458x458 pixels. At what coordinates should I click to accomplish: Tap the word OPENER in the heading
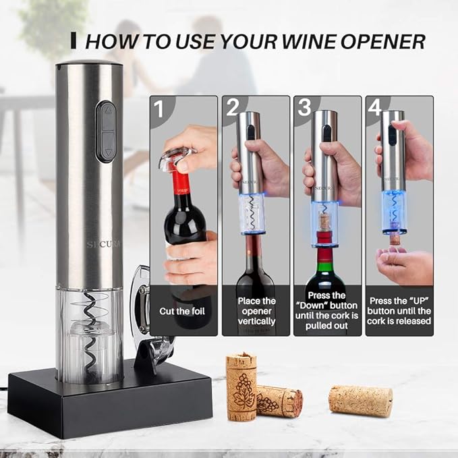pyautogui.click(x=382, y=41)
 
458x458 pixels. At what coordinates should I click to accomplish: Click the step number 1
pyautogui.click(x=159, y=109)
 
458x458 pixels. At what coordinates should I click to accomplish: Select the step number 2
pyautogui.click(x=233, y=108)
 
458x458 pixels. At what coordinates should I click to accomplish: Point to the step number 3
pyautogui.click(x=305, y=108)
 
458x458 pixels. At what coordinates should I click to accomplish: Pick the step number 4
pyautogui.click(x=375, y=108)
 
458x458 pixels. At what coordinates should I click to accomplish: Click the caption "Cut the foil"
pyautogui.click(x=182, y=312)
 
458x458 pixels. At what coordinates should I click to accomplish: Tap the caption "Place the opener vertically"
pyautogui.click(x=257, y=312)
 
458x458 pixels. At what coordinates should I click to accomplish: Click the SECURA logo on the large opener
pyautogui.click(x=104, y=244)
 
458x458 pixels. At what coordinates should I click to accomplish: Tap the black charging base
pyautogui.click(x=111, y=403)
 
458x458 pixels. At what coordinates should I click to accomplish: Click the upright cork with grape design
pyautogui.click(x=242, y=387)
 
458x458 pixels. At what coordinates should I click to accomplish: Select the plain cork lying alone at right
pyautogui.click(x=360, y=400)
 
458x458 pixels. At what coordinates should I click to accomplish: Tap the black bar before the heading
pyautogui.click(x=74, y=40)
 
